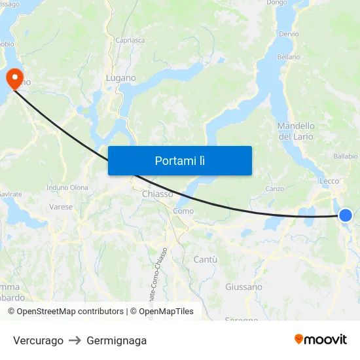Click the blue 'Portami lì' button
[179, 160]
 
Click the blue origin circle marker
[345, 215]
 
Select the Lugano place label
[121, 78]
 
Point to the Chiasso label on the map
[158, 194]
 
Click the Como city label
[183, 211]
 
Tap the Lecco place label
[329, 181]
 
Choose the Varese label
[61, 207]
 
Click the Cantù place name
[206, 260]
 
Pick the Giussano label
[243, 287]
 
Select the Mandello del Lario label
[296, 131]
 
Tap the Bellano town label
[288, 57]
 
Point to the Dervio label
[289, 33]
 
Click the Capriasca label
[130, 40]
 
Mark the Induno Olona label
[67, 187]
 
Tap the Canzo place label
[274, 189]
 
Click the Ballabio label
[346, 156]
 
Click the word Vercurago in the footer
[38, 340]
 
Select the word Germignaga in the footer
[117, 340]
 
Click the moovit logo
[321, 339]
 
